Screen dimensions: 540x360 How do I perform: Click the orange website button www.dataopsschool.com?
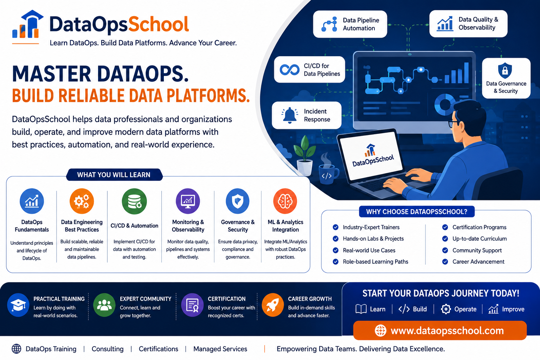coord(440,330)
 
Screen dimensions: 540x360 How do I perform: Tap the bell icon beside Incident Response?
coord(289,115)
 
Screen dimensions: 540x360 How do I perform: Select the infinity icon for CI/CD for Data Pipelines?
coord(290,70)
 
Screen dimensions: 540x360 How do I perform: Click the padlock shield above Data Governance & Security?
coord(505,70)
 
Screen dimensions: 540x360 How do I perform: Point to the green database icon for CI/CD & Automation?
coord(134,201)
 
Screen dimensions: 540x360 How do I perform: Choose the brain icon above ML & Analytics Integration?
coord(285,201)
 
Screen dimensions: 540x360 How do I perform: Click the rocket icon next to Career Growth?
coord(273,305)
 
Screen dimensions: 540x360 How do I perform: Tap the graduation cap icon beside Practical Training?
coord(18,305)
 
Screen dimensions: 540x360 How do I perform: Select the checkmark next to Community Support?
coord(445,250)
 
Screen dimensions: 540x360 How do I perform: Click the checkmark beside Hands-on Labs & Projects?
coord(335,239)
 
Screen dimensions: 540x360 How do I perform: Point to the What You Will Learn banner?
coord(114,175)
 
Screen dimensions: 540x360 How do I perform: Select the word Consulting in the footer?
coord(108,349)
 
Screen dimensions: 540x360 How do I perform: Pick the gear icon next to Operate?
coord(446,309)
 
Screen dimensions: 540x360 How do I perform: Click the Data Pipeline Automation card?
coord(350,24)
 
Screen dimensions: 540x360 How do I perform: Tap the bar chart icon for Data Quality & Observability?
coord(445,24)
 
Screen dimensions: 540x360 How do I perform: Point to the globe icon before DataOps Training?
coord(17,349)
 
